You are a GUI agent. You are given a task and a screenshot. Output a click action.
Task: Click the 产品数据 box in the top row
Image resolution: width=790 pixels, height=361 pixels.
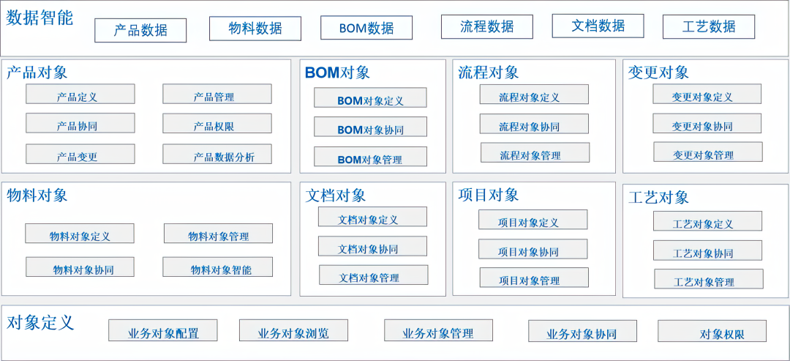(140, 30)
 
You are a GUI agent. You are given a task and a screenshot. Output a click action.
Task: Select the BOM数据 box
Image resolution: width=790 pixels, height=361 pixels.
(366, 28)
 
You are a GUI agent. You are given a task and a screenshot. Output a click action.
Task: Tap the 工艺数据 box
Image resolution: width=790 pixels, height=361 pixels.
(708, 26)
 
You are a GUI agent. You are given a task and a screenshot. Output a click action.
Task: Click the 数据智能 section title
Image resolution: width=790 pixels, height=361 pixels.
(39, 18)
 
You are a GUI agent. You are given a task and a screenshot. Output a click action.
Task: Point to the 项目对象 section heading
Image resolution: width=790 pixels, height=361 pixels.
(488, 195)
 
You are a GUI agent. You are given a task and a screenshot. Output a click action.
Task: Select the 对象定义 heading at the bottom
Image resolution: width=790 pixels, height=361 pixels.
(40, 322)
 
